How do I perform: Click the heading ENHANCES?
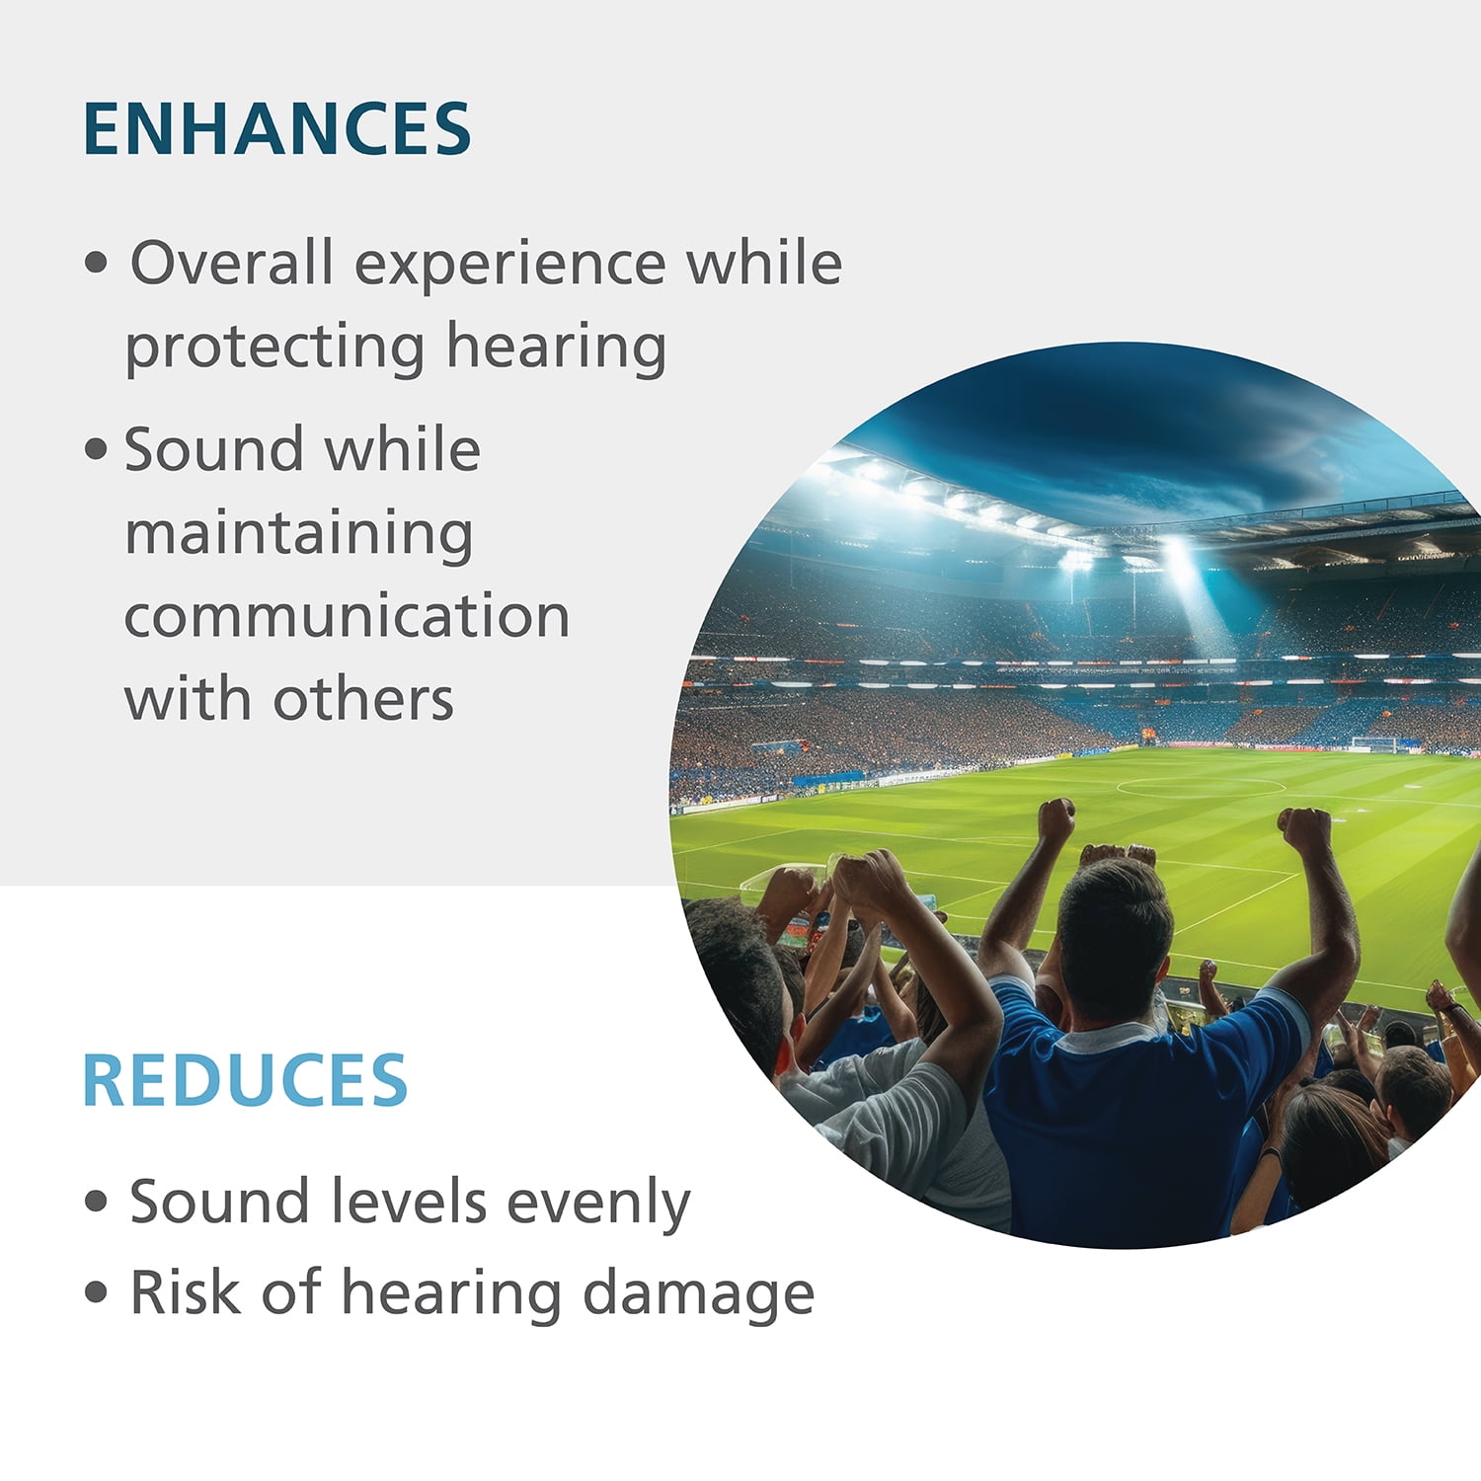point(276,128)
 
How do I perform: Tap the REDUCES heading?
point(245,1080)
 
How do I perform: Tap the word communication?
point(347,616)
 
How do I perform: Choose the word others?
point(363,699)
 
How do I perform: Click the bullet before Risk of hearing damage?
point(96,1292)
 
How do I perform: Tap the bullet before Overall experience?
point(96,264)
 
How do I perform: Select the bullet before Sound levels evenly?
point(96,1202)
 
